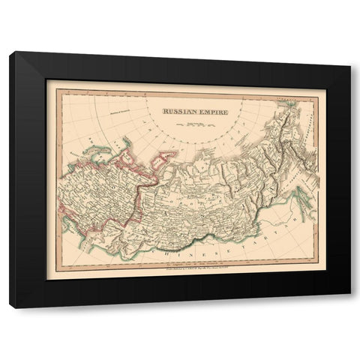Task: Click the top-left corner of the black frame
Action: [10, 52]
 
